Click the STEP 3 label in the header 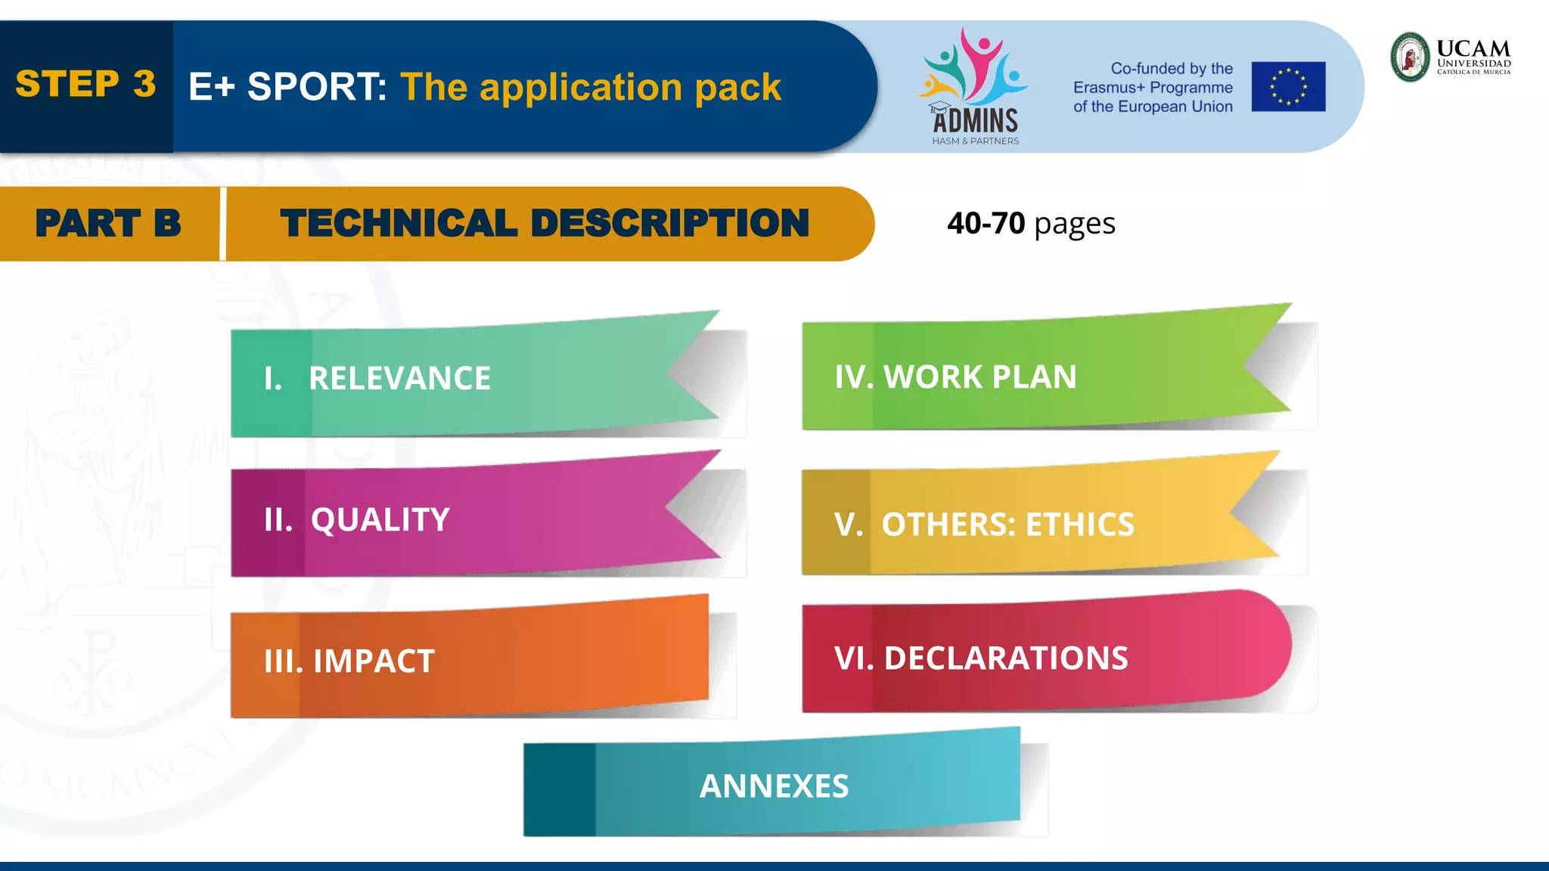coord(85,84)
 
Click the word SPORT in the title coord(316,87)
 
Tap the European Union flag coord(1288,87)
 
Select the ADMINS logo coord(974,87)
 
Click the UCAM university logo coord(1451,57)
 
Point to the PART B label coord(108,224)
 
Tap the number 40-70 coord(986,224)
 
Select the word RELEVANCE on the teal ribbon coord(399,379)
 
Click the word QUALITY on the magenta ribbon coord(380,520)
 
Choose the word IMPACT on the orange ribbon coord(374,662)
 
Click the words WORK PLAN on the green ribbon coord(979,377)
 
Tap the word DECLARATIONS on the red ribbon coord(1005,659)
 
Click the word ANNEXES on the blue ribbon coord(774,786)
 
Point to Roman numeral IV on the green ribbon coord(853,377)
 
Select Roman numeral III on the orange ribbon coord(283,662)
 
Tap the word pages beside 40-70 coord(1074,225)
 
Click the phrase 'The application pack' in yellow coord(590,87)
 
